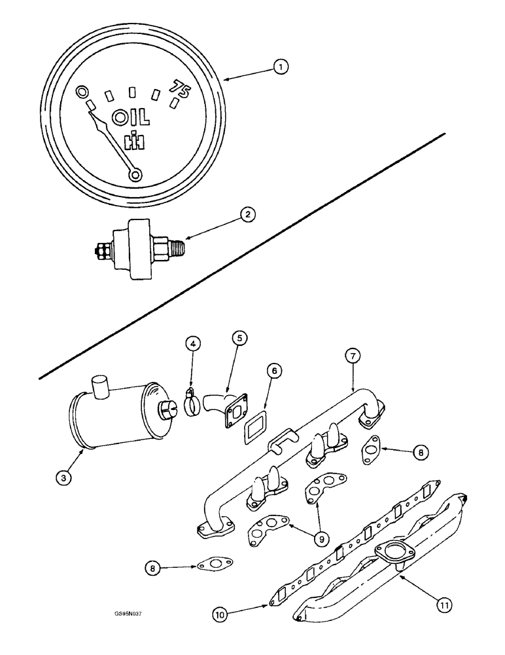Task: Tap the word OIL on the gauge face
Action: tap(131, 119)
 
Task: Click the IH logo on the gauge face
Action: tap(134, 140)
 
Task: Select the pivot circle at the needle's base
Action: tap(135, 174)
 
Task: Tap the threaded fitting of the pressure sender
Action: tap(173, 248)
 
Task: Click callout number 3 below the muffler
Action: tap(63, 479)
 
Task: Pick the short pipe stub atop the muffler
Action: tap(99, 386)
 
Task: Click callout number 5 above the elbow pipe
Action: tap(239, 339)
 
